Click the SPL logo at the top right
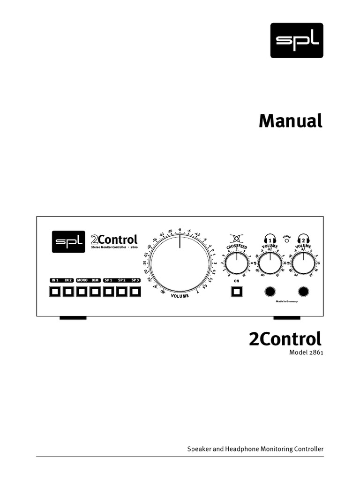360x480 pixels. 297,40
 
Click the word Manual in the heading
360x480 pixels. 291,121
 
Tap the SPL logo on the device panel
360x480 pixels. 68,242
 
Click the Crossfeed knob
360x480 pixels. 237,263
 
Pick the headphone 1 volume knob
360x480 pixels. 270,263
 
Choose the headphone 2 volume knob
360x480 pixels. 303,263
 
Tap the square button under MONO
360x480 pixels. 82,292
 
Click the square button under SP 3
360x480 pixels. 135,292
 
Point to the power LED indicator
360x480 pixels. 286,241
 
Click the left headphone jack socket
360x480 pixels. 270,292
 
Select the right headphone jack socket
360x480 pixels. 303,292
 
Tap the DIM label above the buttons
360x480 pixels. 95,280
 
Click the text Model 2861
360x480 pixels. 306,352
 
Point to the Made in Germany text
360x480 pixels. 286,302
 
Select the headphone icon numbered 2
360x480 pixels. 303,239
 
